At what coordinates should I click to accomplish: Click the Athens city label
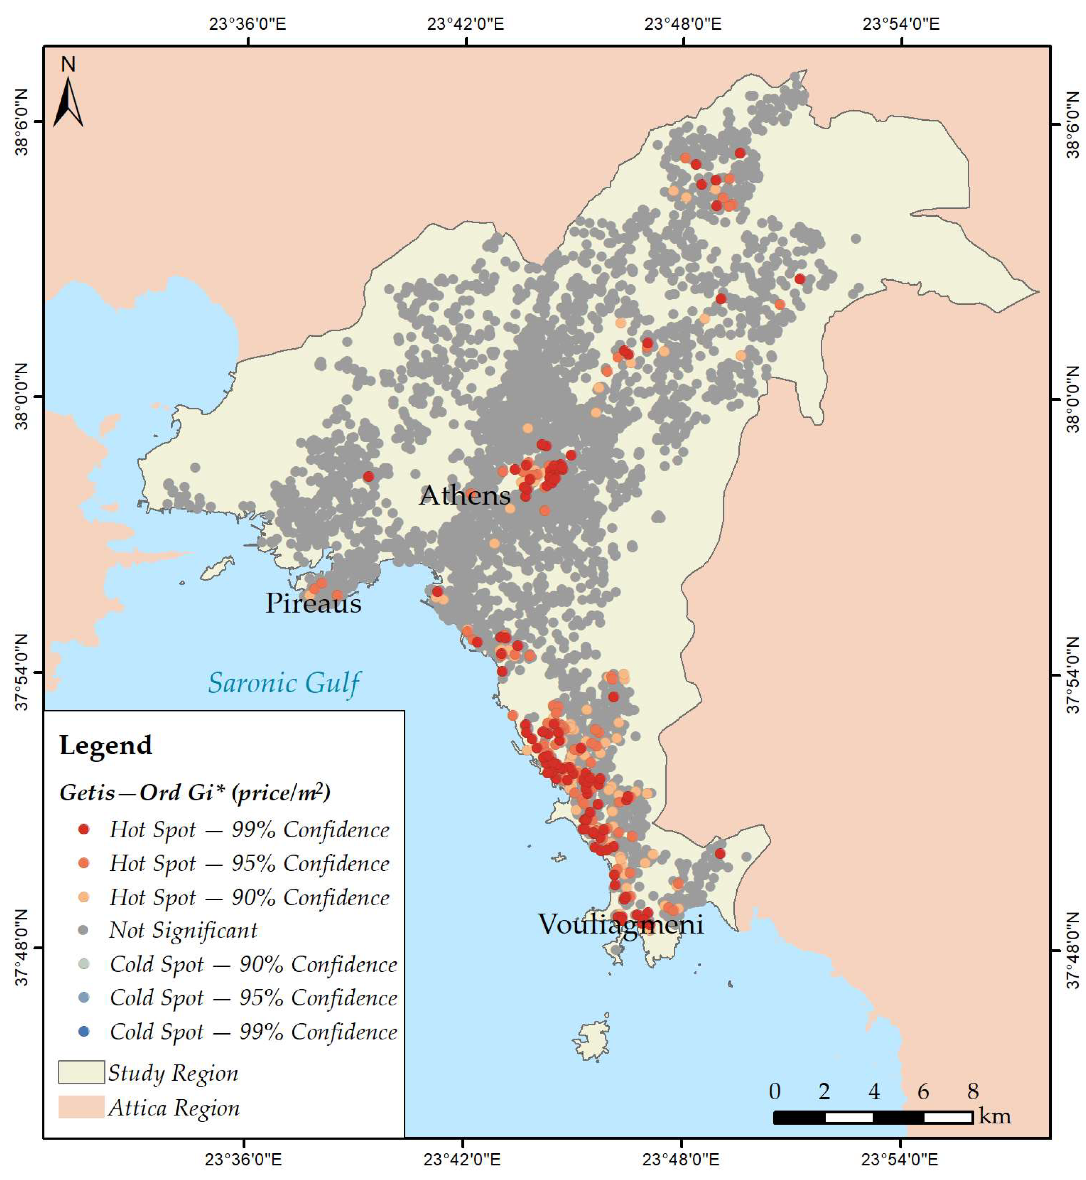coord(464,496)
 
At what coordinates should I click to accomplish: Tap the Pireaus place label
coord(313,603)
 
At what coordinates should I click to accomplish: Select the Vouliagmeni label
coord(621,924)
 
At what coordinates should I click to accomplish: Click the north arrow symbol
coord(68,100)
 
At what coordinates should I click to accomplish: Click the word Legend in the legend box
coord(106,746)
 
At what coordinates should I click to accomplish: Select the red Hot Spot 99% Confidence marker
coord(84,829)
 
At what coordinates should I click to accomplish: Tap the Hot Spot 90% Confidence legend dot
coord(84,897)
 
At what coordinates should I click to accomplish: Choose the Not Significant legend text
coord(183,930)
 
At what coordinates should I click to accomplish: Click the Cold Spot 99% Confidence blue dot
coord(84,1031)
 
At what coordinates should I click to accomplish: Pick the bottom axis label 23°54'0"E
coord(900,1160)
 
